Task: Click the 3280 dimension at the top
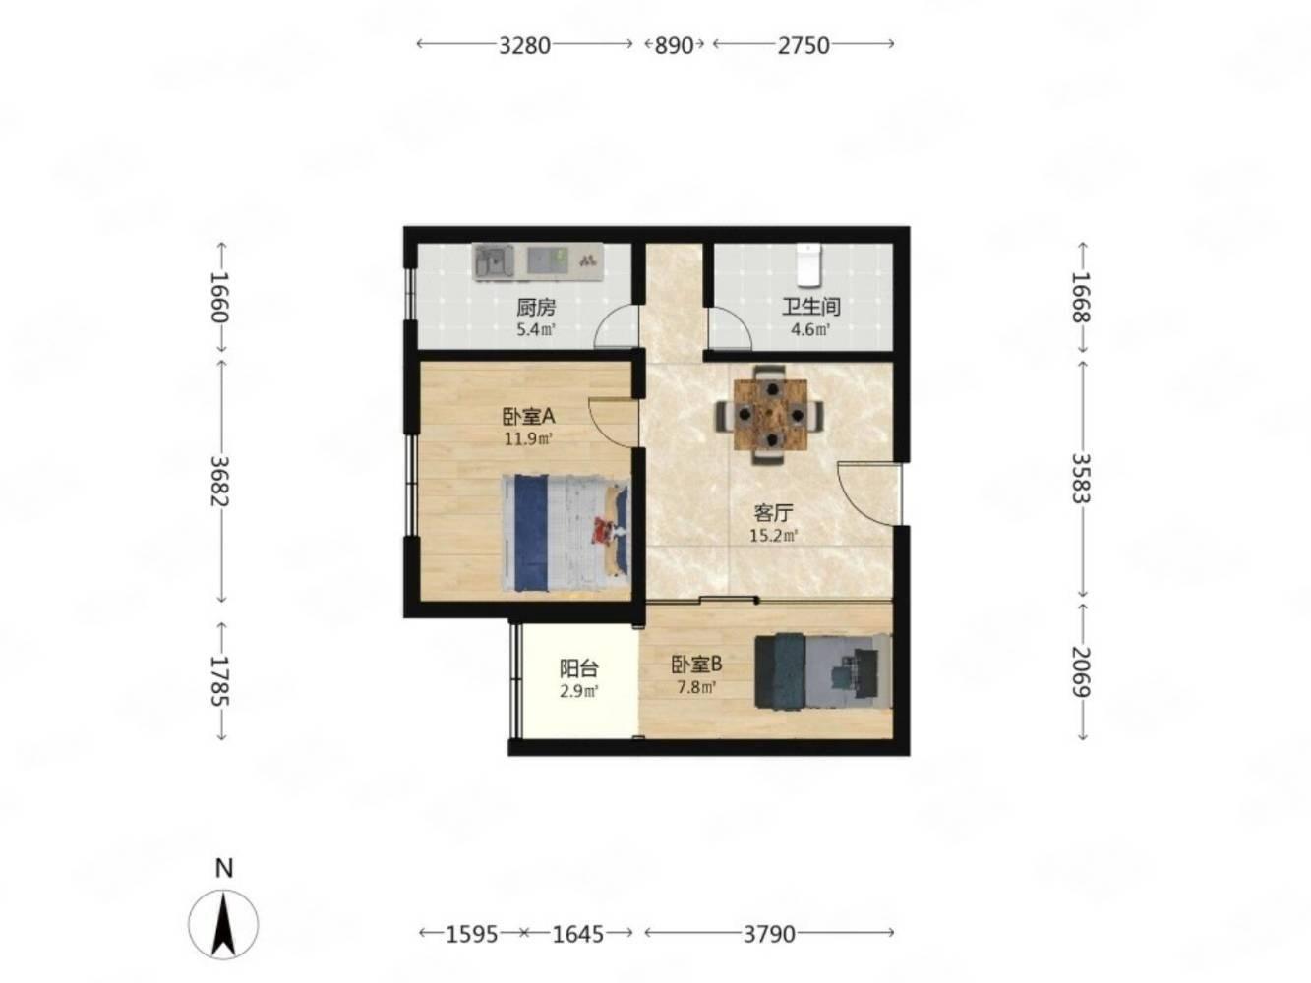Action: [x=524, y=45]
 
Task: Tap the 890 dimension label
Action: [x=674, y=45]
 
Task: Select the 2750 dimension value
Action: [x=804, y=45]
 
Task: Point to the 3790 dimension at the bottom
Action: [x=769, y=934]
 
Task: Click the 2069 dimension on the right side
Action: [x=1081, y=671]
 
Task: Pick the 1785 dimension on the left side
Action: [x=219, y=681]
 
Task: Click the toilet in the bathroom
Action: [x=809, y=264]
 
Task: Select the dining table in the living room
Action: [x=770, y=415]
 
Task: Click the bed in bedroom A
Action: [x=566, y=534]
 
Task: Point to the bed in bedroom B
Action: [x=823, y=672]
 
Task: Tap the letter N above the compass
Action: [x=224, y=869]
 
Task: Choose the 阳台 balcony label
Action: [x=578, y=668]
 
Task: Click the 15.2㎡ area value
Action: [x=773, y=536]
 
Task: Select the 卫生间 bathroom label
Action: [x=811, y=307]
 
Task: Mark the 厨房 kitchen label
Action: [x=536, y=308]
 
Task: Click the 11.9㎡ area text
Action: [x=527, y=439]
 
